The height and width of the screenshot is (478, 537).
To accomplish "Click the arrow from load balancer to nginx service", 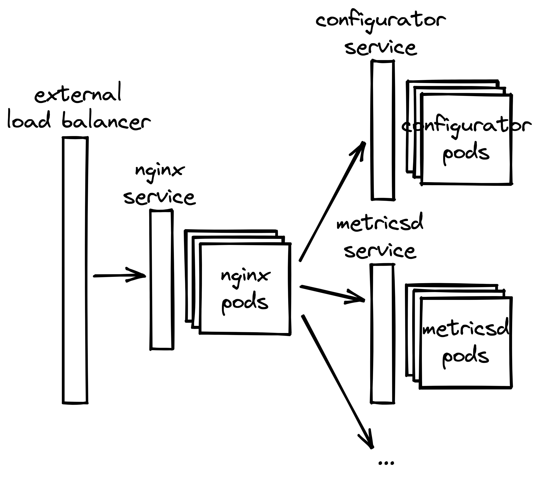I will point(120,275).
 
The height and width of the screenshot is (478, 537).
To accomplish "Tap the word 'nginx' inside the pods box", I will point(245,277).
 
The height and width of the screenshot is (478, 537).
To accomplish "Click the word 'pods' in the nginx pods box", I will point(245,303).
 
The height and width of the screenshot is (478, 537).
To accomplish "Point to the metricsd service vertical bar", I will point(382,334).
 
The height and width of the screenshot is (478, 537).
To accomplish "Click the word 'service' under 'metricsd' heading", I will point(380,251).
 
